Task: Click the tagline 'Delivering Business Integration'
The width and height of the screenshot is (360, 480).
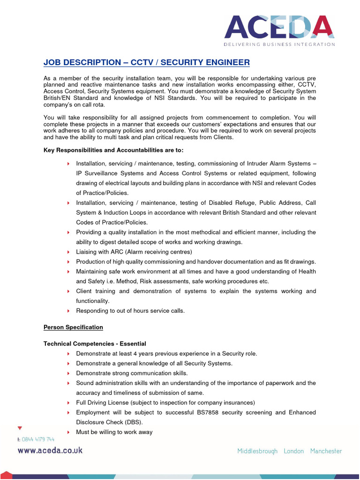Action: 279,45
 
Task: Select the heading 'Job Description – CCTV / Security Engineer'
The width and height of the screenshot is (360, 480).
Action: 147,62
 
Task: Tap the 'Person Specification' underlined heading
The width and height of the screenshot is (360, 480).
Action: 73,327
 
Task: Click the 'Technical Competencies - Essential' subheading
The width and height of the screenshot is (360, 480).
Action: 95,344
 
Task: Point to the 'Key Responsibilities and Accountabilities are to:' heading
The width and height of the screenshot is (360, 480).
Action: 113,150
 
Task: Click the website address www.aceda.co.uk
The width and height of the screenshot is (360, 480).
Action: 50,450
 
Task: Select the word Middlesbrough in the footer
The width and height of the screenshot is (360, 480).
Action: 257,451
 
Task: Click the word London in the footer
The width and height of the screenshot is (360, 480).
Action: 294,451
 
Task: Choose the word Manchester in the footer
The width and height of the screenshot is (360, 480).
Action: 326,451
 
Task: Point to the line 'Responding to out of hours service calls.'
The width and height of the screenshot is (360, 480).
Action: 130,311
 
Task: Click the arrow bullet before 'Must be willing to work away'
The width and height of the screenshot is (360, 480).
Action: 68,432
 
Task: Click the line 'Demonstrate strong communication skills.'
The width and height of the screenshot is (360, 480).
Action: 132,373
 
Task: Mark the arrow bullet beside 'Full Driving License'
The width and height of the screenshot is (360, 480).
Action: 68,403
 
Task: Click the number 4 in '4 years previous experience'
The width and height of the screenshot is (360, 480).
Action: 135,353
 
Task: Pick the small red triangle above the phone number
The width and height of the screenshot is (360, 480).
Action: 19,428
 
